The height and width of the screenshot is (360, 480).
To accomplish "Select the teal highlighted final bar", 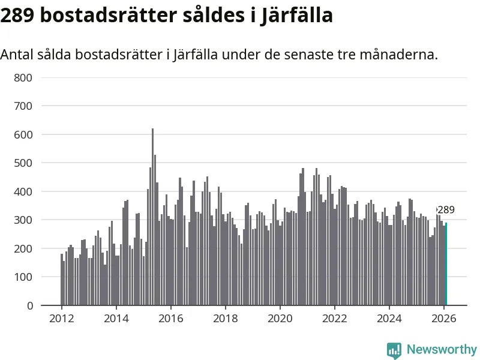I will tap(446, 264).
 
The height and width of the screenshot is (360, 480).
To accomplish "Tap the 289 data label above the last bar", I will tap(446, 210).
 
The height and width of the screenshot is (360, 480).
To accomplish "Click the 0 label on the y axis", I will tap(29, 305).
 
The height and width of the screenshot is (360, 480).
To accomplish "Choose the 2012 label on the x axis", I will tap(61, 319).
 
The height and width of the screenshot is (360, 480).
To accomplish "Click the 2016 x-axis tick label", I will tap(170, 319).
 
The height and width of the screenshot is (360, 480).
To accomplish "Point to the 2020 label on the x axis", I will tap(280, 319).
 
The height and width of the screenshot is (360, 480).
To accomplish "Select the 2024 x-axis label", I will tap(389, 319).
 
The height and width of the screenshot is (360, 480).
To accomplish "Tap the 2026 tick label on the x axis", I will tap(443, 319).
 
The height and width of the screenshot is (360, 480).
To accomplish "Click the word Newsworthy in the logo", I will tap(442, 349).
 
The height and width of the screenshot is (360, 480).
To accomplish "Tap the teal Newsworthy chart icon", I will tap(394, 350).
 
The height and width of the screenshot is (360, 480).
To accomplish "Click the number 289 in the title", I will tap(17, 15).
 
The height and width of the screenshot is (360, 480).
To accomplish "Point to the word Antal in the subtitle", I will tap(17, 55).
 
